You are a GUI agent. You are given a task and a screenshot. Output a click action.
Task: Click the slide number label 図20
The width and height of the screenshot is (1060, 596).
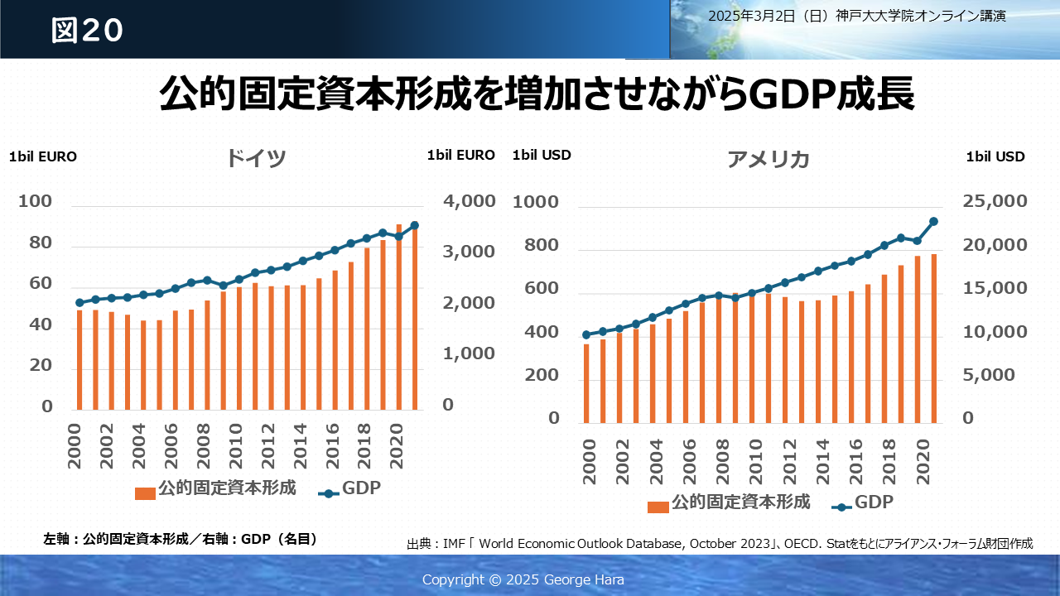click(x=87, y=30)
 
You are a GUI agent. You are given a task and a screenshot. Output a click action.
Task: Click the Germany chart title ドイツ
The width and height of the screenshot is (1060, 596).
click(x=256, y=158)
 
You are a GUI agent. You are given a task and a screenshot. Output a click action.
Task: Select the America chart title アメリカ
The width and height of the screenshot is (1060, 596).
click(x=768, y=160)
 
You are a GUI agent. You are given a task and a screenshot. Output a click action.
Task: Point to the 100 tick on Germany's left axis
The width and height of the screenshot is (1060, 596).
click(x=35, y=202)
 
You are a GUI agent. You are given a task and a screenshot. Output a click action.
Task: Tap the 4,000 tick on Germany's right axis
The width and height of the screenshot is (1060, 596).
click(x=469, y=202)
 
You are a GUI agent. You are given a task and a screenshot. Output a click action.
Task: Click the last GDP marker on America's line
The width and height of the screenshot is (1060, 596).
click(x=933, y=221)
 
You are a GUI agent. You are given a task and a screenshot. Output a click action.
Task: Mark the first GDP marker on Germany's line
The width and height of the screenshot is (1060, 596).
click(x=79, y=303)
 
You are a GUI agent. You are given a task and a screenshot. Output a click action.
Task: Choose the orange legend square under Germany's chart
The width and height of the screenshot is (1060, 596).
click(x=145, y=493)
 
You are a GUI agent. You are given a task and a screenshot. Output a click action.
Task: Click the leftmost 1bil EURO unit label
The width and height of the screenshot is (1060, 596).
click(x=43, y=156)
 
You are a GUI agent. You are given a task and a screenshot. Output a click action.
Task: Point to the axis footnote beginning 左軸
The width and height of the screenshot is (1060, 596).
click(x=181, y=539)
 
